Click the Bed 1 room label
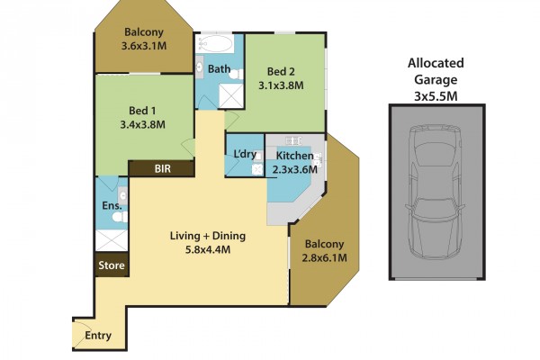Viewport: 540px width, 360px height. pos(142,111)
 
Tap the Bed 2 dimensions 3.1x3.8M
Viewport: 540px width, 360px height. pos(281,85)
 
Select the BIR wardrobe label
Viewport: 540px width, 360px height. pos(163,169)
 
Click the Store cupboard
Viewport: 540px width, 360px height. pos(112,265)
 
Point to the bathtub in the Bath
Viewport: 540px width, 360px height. pos(215,43)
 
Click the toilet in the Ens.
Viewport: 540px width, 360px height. pos(120,217)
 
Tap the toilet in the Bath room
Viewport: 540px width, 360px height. pos(236,75)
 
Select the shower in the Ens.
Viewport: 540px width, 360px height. pos(112,240)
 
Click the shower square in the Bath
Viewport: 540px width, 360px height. pos(231,95)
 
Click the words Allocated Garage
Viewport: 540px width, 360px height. pos(436,71)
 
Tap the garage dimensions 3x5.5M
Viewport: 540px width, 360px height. pos(436,96)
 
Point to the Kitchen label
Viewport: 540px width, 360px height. pos(294,156)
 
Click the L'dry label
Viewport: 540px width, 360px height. pos(245,154)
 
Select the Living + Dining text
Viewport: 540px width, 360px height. pos(208,236)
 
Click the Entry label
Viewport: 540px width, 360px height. pos(98,335)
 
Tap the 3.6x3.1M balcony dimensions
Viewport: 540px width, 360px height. pos(144,46)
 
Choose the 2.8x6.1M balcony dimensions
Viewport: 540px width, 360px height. pos(324,257)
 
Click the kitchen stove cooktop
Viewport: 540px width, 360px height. pos(293,140)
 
